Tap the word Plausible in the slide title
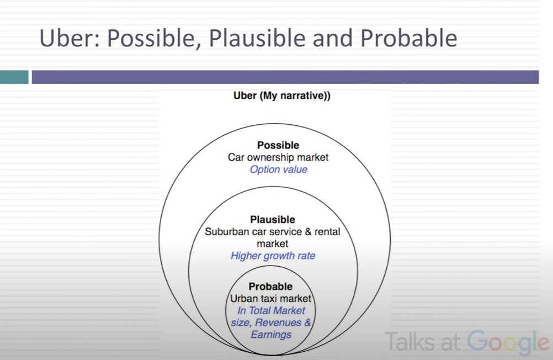click(257, 39)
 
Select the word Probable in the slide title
click(409, 38)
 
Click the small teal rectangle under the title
click(14, 77)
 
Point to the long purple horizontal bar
click(285, 77)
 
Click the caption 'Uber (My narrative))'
click(282, 96)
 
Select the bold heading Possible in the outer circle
click(278, 145)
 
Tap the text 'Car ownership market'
click(278, 157)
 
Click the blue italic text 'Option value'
click(278, 170)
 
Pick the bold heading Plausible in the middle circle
click(273, 220)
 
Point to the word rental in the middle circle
click(327, 231)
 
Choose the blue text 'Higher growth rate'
click(273, 256)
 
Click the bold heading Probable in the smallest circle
click(270, 286)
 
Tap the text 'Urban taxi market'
click(270, 299)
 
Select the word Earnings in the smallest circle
click(271, 335)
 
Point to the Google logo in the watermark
click(508, 342)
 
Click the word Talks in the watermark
click(409, 341)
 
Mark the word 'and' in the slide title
click(333, 38)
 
